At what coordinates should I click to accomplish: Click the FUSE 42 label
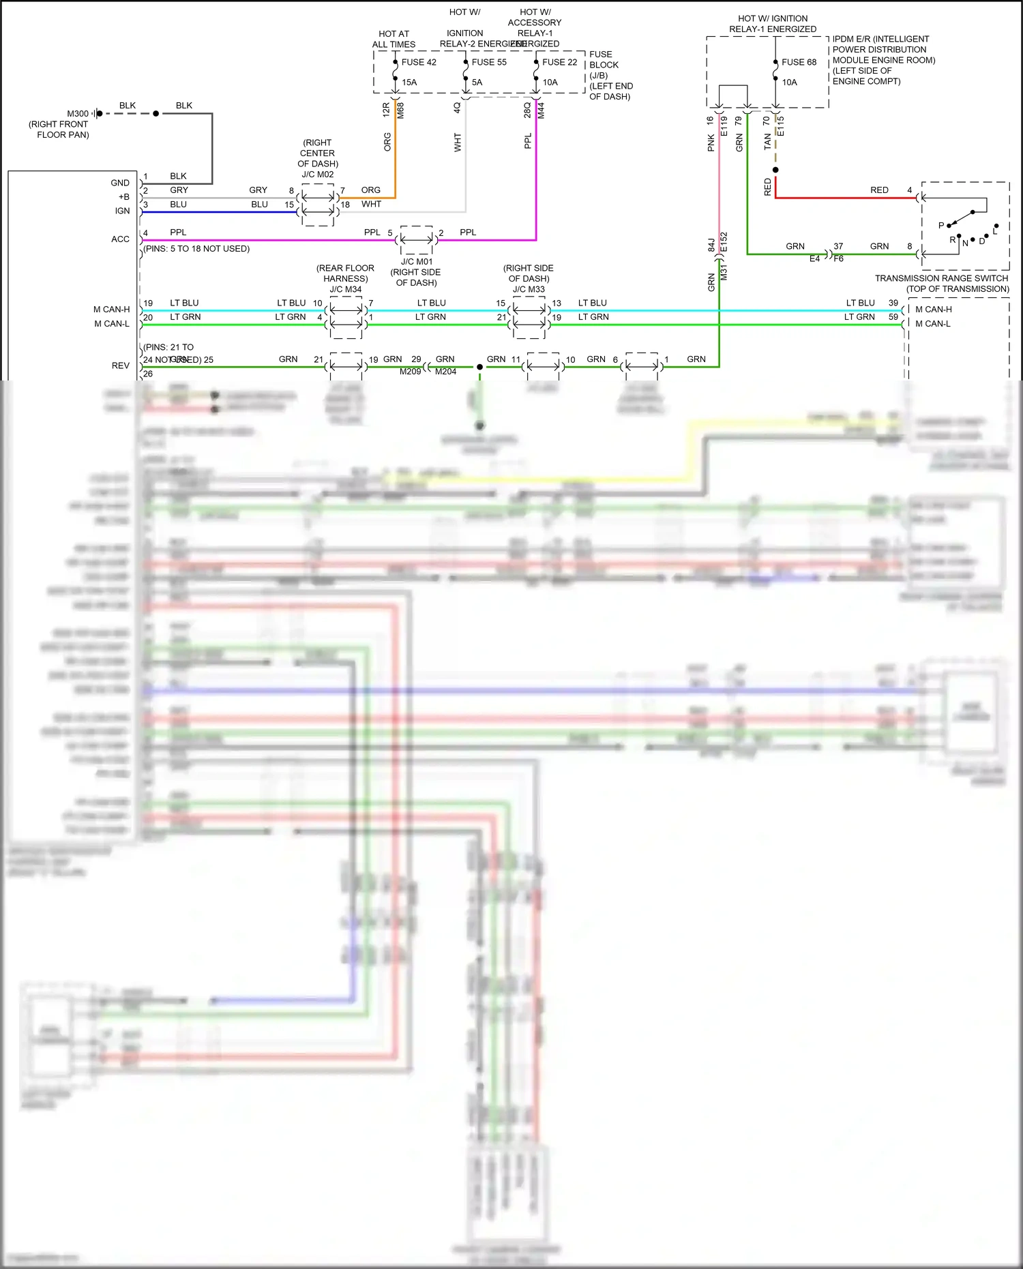[419, 62]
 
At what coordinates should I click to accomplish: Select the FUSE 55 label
[489, 62]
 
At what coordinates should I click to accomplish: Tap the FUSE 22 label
[559, 62]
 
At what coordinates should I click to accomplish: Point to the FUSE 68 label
[799, 62]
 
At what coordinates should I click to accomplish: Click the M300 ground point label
[78, 114]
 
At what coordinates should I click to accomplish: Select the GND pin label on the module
[120, 183]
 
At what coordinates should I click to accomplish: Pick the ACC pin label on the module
[120, 239]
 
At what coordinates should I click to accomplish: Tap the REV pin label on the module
[121, 365]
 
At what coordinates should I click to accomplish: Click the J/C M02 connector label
[318, 175]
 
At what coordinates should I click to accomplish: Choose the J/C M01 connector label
[417, 262]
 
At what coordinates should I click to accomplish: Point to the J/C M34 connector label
[346, 289]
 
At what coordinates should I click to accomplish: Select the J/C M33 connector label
[529, 289]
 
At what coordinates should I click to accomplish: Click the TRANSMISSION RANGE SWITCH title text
[941, 278]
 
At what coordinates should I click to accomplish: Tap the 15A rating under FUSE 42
[409, 83]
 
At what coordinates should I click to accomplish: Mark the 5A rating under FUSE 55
[477, 83]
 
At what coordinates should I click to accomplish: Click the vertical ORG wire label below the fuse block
[387, 142]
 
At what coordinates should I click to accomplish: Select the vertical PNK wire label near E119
[711, 143]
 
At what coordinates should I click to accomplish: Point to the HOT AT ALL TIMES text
[394, 39]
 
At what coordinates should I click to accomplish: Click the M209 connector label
[410, 372]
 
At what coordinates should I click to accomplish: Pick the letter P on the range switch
[941, 225]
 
